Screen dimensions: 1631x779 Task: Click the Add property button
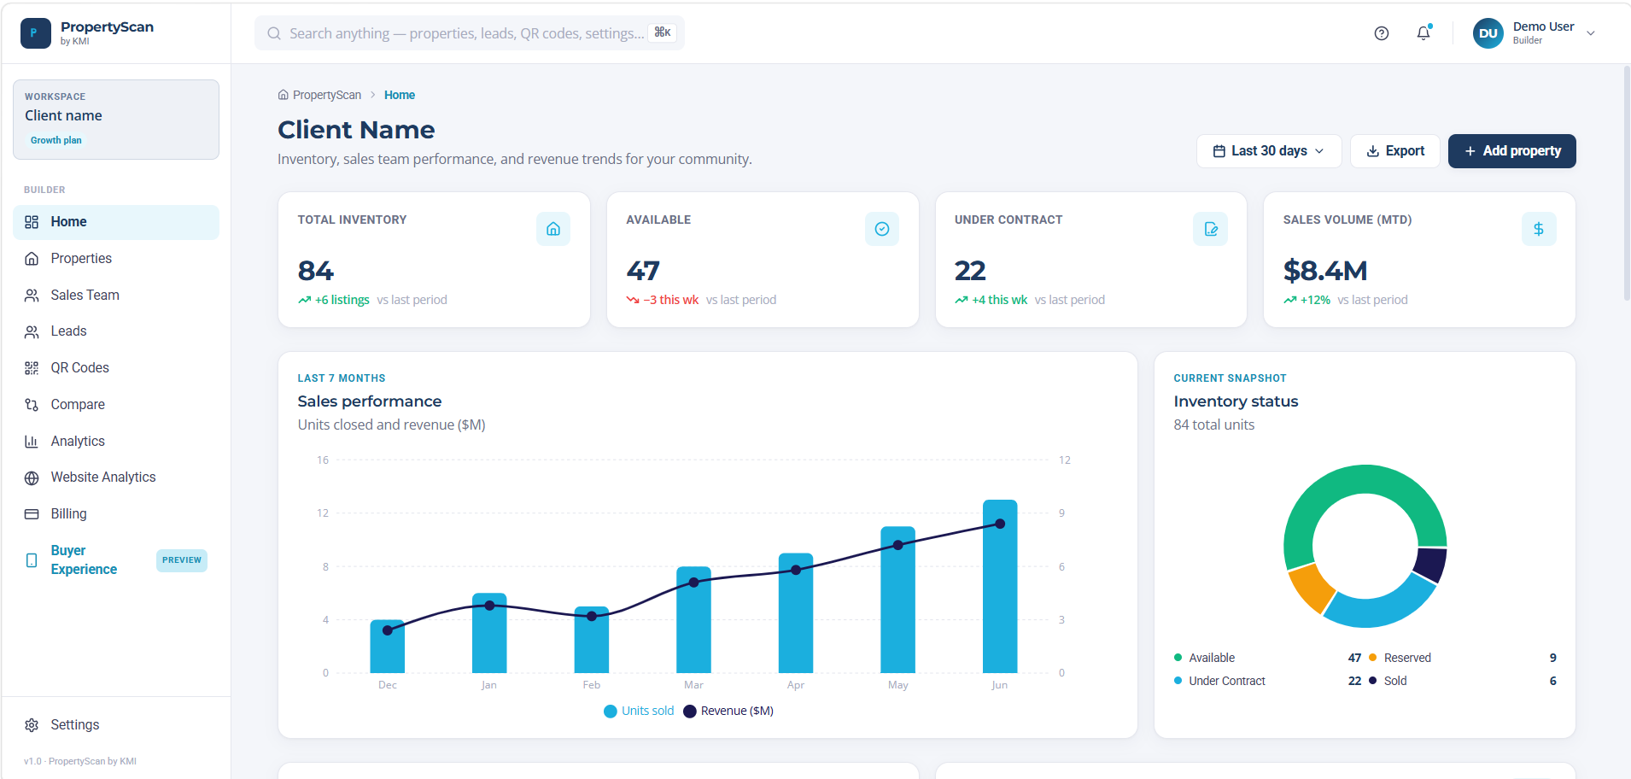1511,151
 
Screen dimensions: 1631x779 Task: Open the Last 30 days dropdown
1269,151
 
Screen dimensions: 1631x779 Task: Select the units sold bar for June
1000,586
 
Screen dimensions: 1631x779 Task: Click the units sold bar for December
388,647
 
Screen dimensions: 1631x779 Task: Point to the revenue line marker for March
694,583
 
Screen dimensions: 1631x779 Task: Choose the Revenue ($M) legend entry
728,711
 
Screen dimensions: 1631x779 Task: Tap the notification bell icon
1423,33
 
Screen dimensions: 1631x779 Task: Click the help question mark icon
1382,33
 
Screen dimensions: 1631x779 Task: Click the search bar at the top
470,33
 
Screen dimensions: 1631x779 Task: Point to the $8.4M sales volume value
1325,271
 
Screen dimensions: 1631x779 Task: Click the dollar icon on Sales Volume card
1539,229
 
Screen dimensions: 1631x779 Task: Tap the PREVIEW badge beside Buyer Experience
182,560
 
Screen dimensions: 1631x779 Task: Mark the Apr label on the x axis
796,685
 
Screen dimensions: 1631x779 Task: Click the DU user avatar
1488,33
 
